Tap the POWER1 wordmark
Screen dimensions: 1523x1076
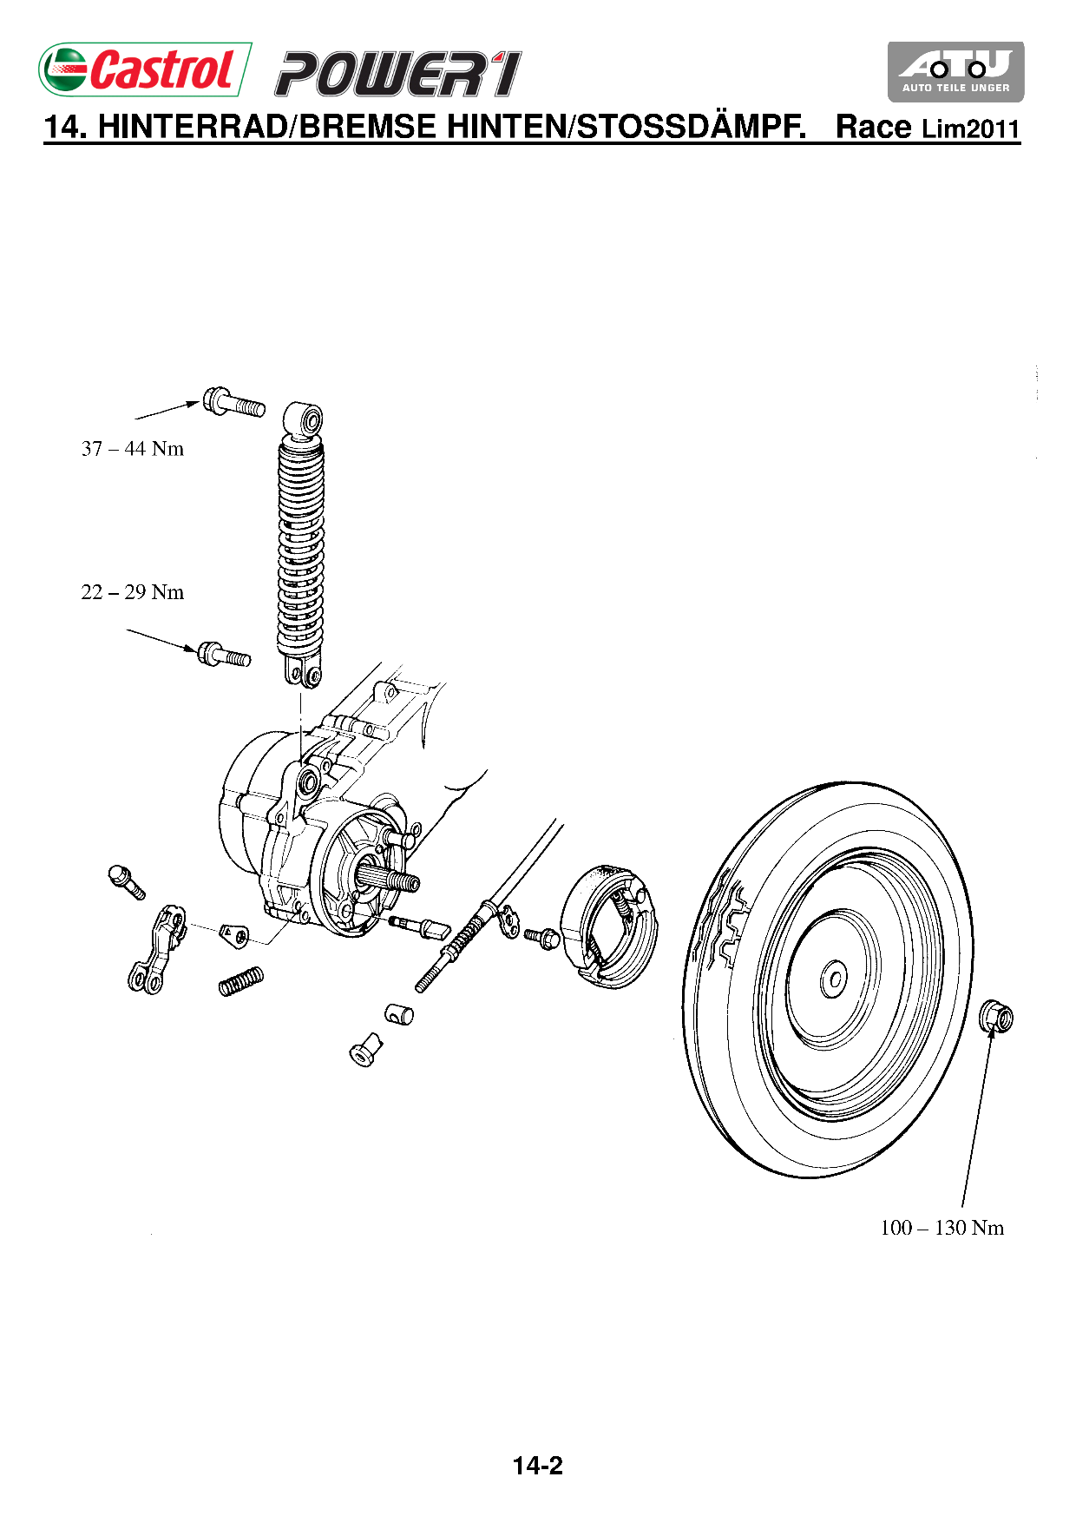pyautogui.click(x=398, y=74)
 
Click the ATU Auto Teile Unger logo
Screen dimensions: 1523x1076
pyautogui.click(x=955, y=71)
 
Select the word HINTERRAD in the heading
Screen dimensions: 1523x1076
pyautogui.click(x=193, y=127)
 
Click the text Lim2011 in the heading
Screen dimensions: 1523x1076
pyautogui.click(x=970, y=129)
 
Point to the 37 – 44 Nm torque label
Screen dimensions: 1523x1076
pyautogui.click(x=133, y=449)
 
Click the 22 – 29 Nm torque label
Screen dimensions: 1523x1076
pyautogui.click(x=133, y=592)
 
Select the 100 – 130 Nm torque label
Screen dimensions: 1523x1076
pyautogui.click(x=941, y=1228)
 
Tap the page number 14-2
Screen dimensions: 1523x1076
pyautogui.click(x=537, y=1466)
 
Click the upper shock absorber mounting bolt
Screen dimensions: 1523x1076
pyautogui.click(x=233, y=403)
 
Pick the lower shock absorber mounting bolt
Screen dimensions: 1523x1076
pyautogui.click(x=224, y=654)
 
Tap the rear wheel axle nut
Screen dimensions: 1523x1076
pyautogui.click(x=996, y=1017)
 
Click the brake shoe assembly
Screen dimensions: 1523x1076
pyautogui.click(x=608, y=926)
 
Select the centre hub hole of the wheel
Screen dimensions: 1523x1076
pyautogui.click(x=835, y=979)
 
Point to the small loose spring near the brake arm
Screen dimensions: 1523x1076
pyautogui.click(x=240, y=981)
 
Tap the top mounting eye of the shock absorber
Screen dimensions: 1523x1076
pyautogui.click(x=305, y=420)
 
